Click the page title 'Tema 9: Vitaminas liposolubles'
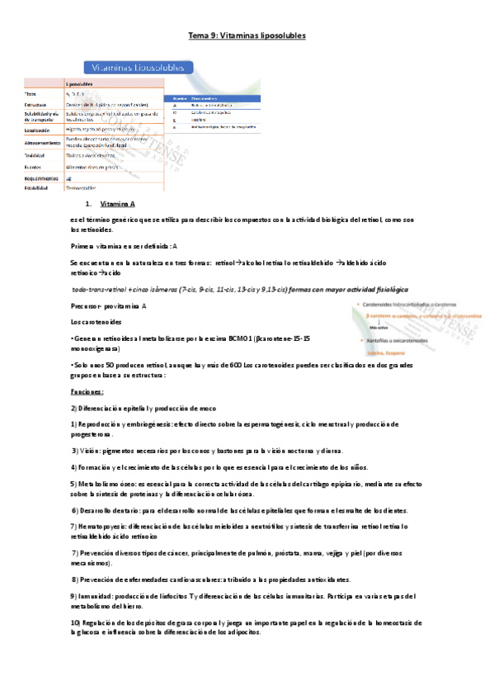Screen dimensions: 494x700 click(247, 36)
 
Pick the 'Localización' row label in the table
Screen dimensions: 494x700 click(40, 130)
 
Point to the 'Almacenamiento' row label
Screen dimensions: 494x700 click(43, 142)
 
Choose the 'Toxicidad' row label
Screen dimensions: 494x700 click(35, 155)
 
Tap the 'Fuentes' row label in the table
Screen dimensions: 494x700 click(33, 166)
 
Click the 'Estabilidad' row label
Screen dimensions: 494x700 click(37, 188)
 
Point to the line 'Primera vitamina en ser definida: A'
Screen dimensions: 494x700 click(124, 247)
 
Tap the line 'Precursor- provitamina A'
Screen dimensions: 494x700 click(108, 306)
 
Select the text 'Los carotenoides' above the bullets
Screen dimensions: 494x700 click(96, 321)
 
